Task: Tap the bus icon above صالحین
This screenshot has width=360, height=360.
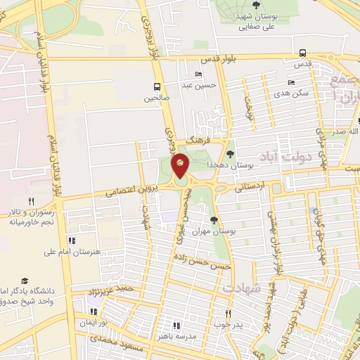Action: (x=156, y=87)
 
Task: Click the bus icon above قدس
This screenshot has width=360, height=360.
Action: (x=302, y=53)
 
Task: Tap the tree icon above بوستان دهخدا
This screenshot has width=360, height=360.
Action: (x=230, y=153)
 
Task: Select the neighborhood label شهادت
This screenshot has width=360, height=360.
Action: (x=242, y=288)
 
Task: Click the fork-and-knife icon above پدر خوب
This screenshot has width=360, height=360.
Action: (x=227, y=313)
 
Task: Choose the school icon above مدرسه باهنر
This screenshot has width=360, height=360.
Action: (x=176, y=326)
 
